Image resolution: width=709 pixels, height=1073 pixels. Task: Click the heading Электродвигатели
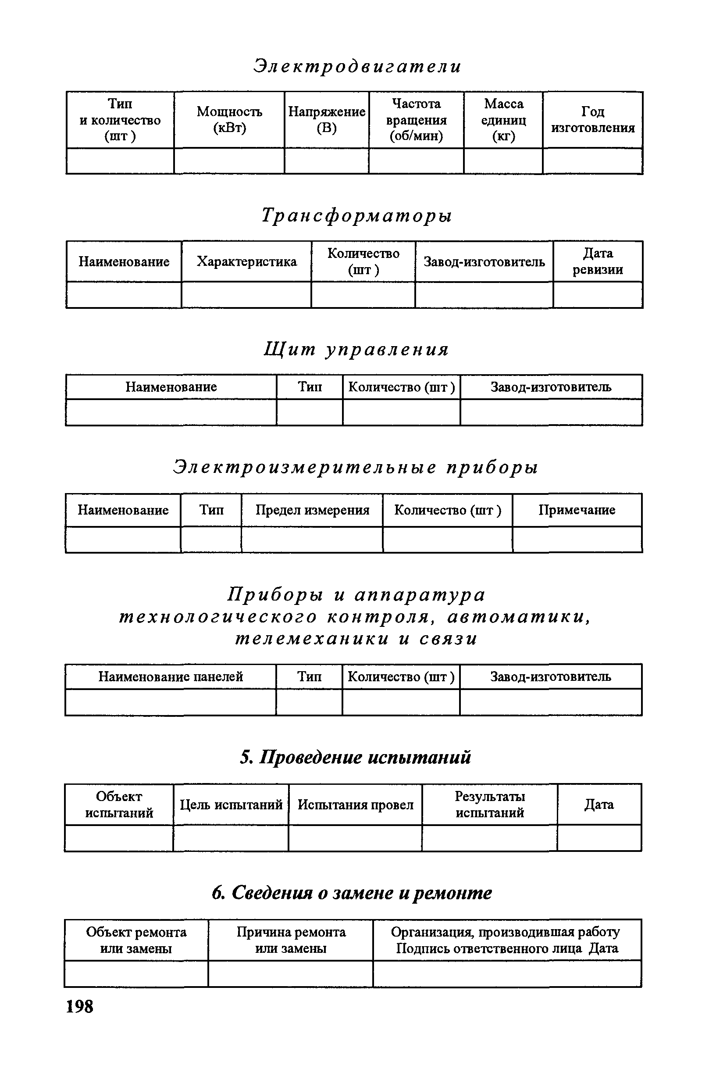coord(357,66)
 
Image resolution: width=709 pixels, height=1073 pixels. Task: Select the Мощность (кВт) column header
coord(229,120)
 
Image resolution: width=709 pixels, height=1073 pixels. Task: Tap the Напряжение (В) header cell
coord(327,120)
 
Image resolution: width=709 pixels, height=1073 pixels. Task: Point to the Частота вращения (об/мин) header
coord(416,120)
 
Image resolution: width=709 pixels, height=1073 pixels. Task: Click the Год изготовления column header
coord(593,120)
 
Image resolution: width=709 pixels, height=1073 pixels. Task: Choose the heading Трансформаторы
coord(357,215)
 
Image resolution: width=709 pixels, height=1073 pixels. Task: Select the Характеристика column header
coord(246,261)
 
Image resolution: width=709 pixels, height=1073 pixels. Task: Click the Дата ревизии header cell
coord(598,261)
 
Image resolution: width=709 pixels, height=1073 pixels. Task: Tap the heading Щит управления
coord(356,349)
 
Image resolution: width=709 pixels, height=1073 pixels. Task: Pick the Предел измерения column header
coord(312,510)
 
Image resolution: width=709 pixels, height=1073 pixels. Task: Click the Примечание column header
coord(577,510)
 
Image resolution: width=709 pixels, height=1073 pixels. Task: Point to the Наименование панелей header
coord(171,677)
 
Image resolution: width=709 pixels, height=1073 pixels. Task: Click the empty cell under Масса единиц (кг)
coord(503,161)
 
